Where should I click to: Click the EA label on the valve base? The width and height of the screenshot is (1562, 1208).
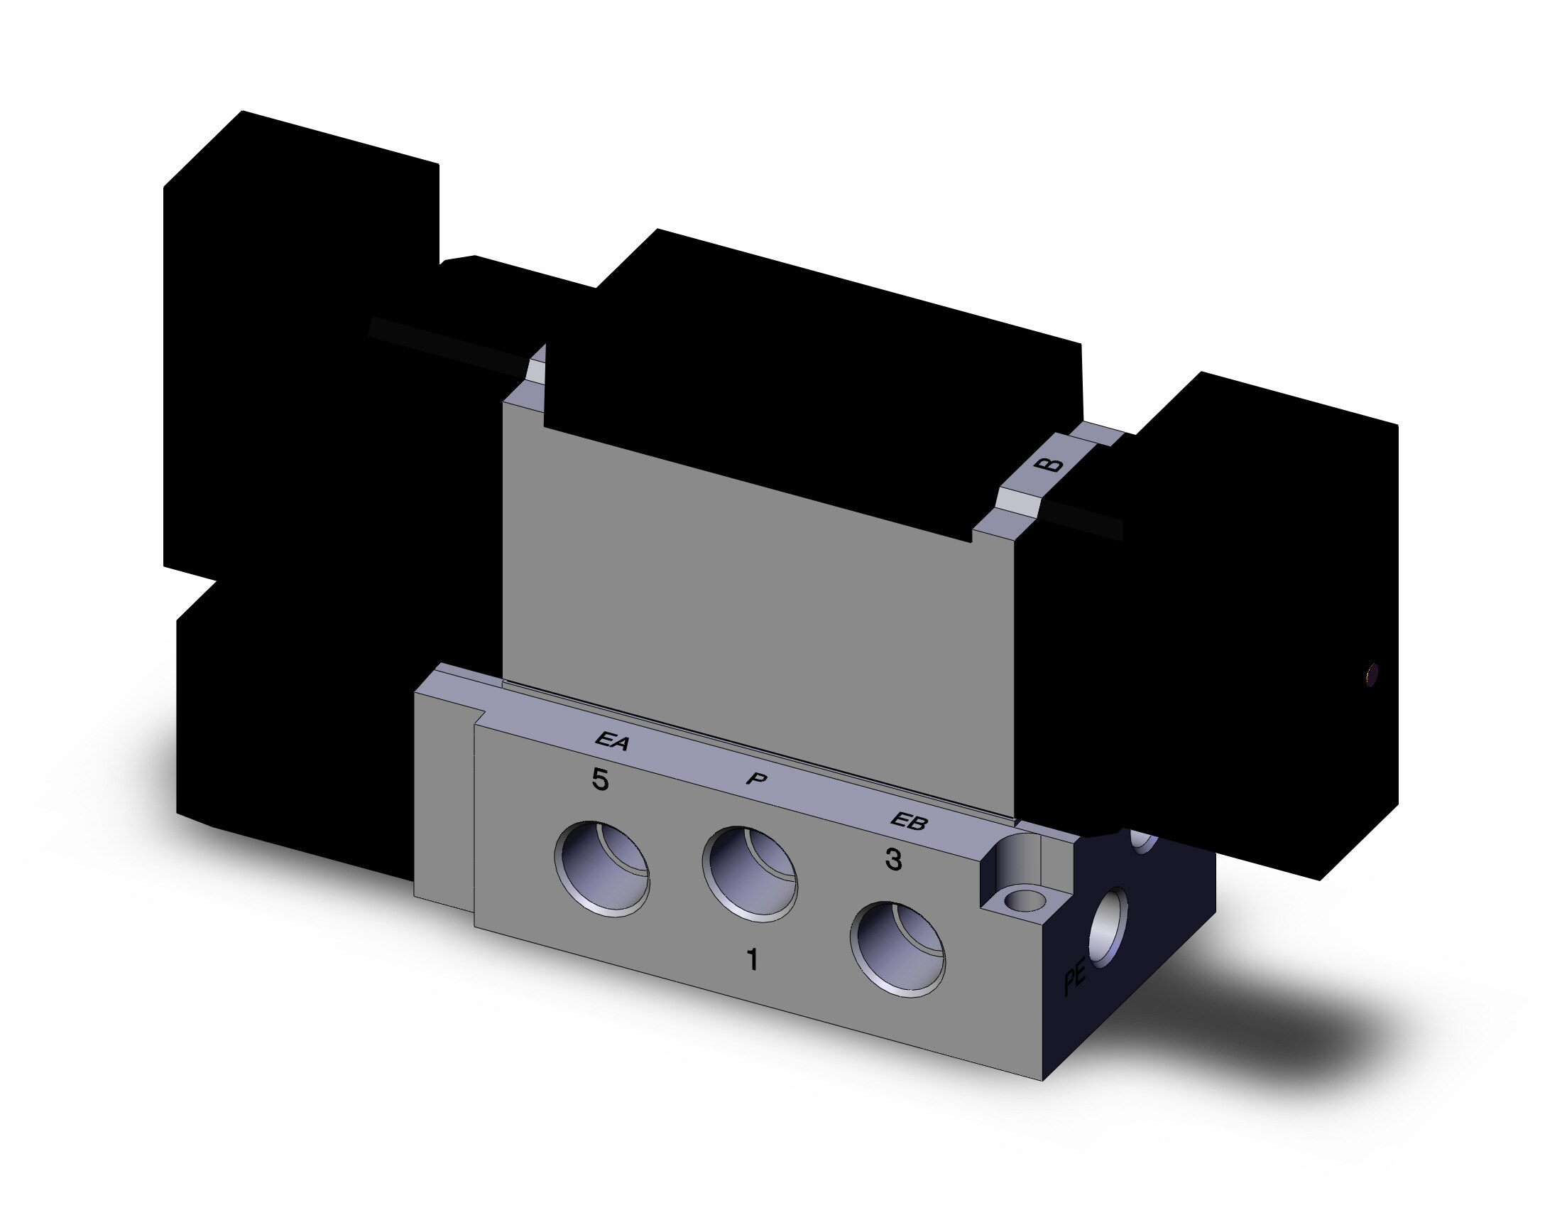(612, 742)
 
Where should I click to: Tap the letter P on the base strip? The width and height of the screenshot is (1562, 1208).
(755, 779)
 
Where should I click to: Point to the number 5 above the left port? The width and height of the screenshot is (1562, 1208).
(600, 780)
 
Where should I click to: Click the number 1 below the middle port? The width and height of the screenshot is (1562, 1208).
(752, 961)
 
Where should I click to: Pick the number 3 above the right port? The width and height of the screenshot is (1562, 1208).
(893, 859)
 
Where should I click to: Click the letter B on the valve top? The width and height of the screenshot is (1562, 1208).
(1049, 465)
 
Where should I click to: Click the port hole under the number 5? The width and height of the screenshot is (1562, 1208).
(602, 869)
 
